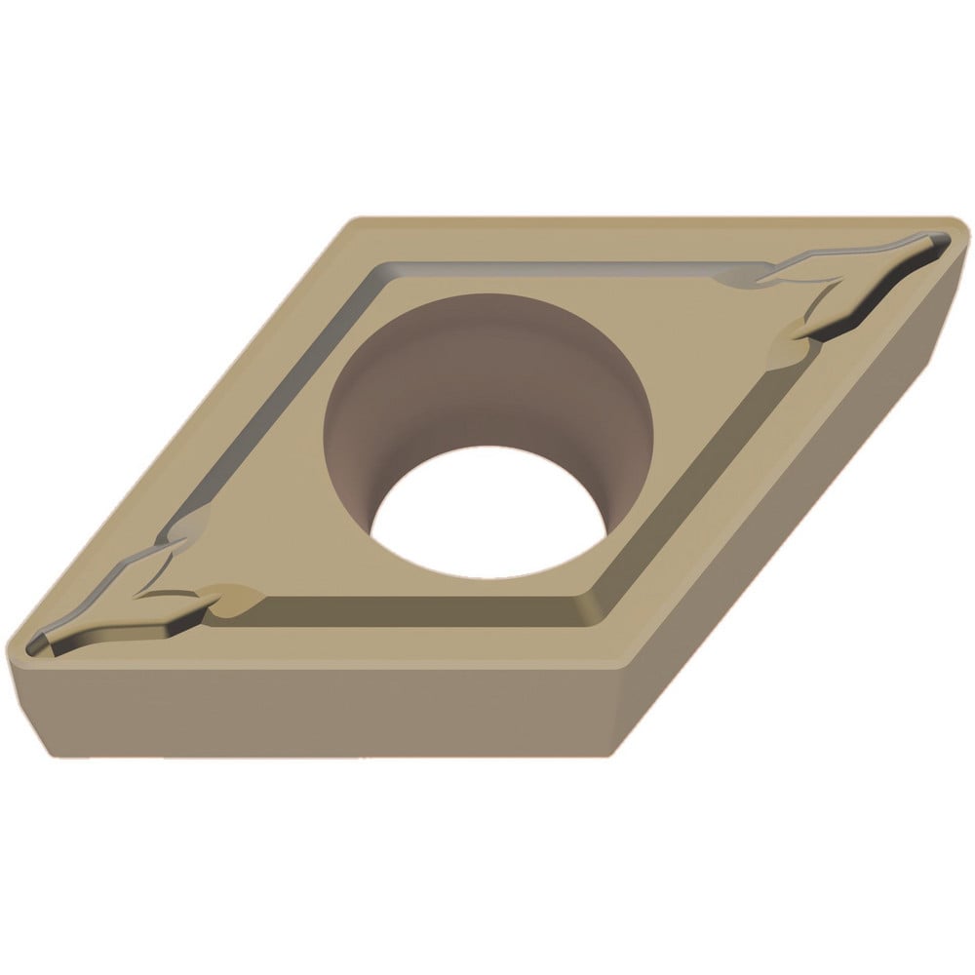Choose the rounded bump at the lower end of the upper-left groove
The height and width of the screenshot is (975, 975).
(187, 526)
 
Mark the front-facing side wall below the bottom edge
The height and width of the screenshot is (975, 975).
(322, 712)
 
